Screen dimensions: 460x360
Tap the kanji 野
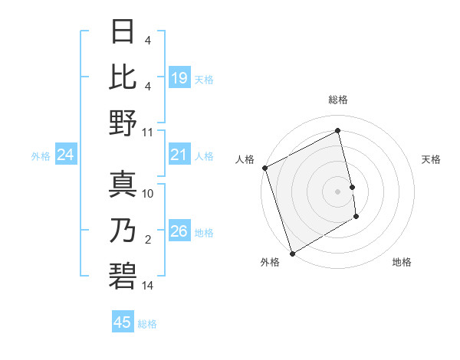click(123, 123)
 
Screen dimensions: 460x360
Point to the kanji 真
click(123, 184)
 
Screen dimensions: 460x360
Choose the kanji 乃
click(123, 229)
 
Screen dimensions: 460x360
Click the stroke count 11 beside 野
click(148, 132)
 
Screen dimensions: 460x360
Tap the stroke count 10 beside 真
click(148, 194)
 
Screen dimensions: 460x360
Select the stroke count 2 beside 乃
click(148, 240)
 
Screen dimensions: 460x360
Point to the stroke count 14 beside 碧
click(148, 286)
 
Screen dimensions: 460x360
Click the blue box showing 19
click(179, 77)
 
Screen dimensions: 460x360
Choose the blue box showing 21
click(179, 155)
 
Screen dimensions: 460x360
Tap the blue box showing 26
click(179, 231)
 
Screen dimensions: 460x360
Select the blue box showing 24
click(65, 155)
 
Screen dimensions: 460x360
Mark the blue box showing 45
click(123, 322)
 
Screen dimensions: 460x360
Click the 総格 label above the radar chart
click(337, 100)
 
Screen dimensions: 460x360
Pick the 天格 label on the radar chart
click(431, 159)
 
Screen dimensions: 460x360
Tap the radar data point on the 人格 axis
click(264, 168)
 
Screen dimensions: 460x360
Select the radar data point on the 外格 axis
click(292, 253)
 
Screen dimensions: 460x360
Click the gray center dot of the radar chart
click(337, 191)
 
